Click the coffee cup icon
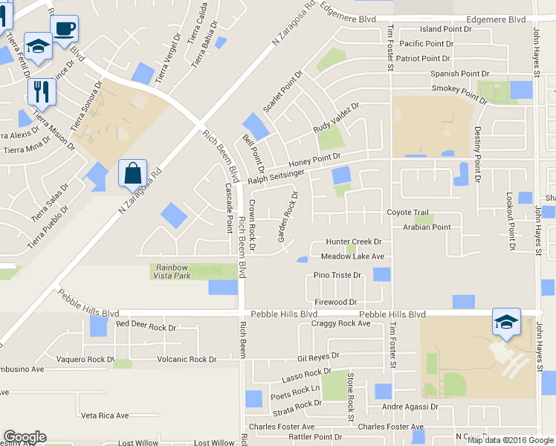64,29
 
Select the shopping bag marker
132,173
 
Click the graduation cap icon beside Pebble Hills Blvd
506,322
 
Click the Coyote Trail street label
408,213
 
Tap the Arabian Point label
427,227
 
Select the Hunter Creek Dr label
354,242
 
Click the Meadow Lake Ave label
352,256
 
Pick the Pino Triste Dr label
337,275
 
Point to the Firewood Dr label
336,303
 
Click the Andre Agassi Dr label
410,407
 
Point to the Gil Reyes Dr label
318,356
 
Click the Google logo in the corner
25,437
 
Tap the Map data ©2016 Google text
511,439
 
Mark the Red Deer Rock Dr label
146,326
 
